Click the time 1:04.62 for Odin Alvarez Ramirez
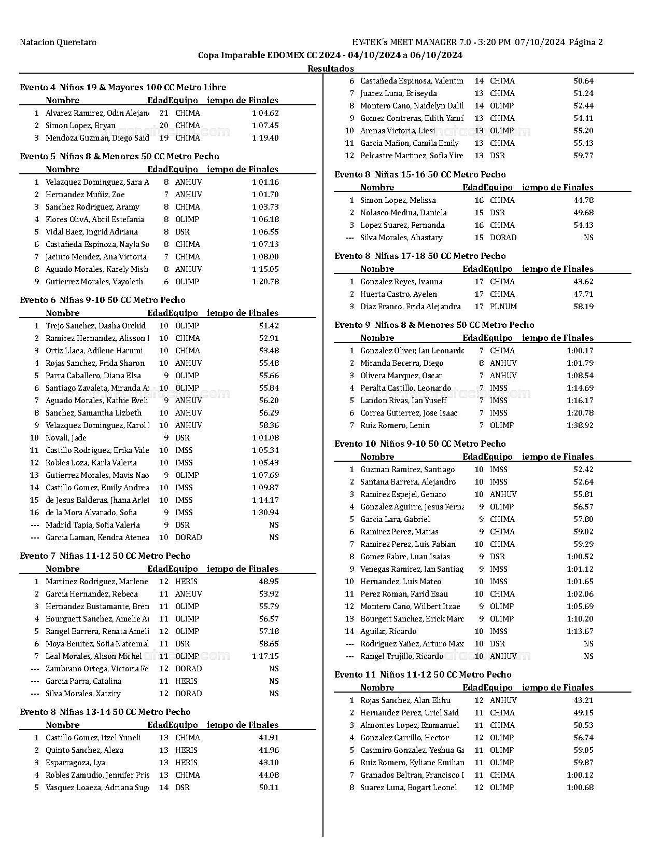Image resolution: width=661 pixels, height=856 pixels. click(265, 113)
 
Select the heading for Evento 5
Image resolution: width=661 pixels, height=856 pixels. click(119, 156)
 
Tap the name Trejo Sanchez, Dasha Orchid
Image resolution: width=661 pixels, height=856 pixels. click(95, 326)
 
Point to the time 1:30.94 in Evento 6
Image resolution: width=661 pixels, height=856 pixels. click(265, 513)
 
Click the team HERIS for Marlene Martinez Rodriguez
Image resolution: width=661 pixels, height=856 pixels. click(186, 582)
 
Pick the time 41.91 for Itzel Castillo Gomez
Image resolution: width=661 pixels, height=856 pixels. click(269, 738)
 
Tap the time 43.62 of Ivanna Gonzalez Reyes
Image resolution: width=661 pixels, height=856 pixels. click(583, 282)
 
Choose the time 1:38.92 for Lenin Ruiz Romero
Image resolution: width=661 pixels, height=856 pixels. click(580, 425)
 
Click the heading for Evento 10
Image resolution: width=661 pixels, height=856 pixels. click(420, 444)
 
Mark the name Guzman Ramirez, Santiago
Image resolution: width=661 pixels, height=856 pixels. click(407, 470)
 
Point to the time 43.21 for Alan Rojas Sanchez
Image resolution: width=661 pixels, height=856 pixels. click(583, 700)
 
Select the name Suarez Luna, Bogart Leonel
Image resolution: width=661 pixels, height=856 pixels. click(409, 788)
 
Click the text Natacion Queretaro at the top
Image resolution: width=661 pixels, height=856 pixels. click(58, 43)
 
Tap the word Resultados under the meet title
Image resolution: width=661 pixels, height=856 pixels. click(331, 68)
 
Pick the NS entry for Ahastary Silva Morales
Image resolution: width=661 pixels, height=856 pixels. click(588, 238)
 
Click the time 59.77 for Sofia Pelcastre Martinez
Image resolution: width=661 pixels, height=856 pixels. click(583, 156)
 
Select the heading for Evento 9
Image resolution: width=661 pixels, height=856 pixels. click(434, 325)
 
